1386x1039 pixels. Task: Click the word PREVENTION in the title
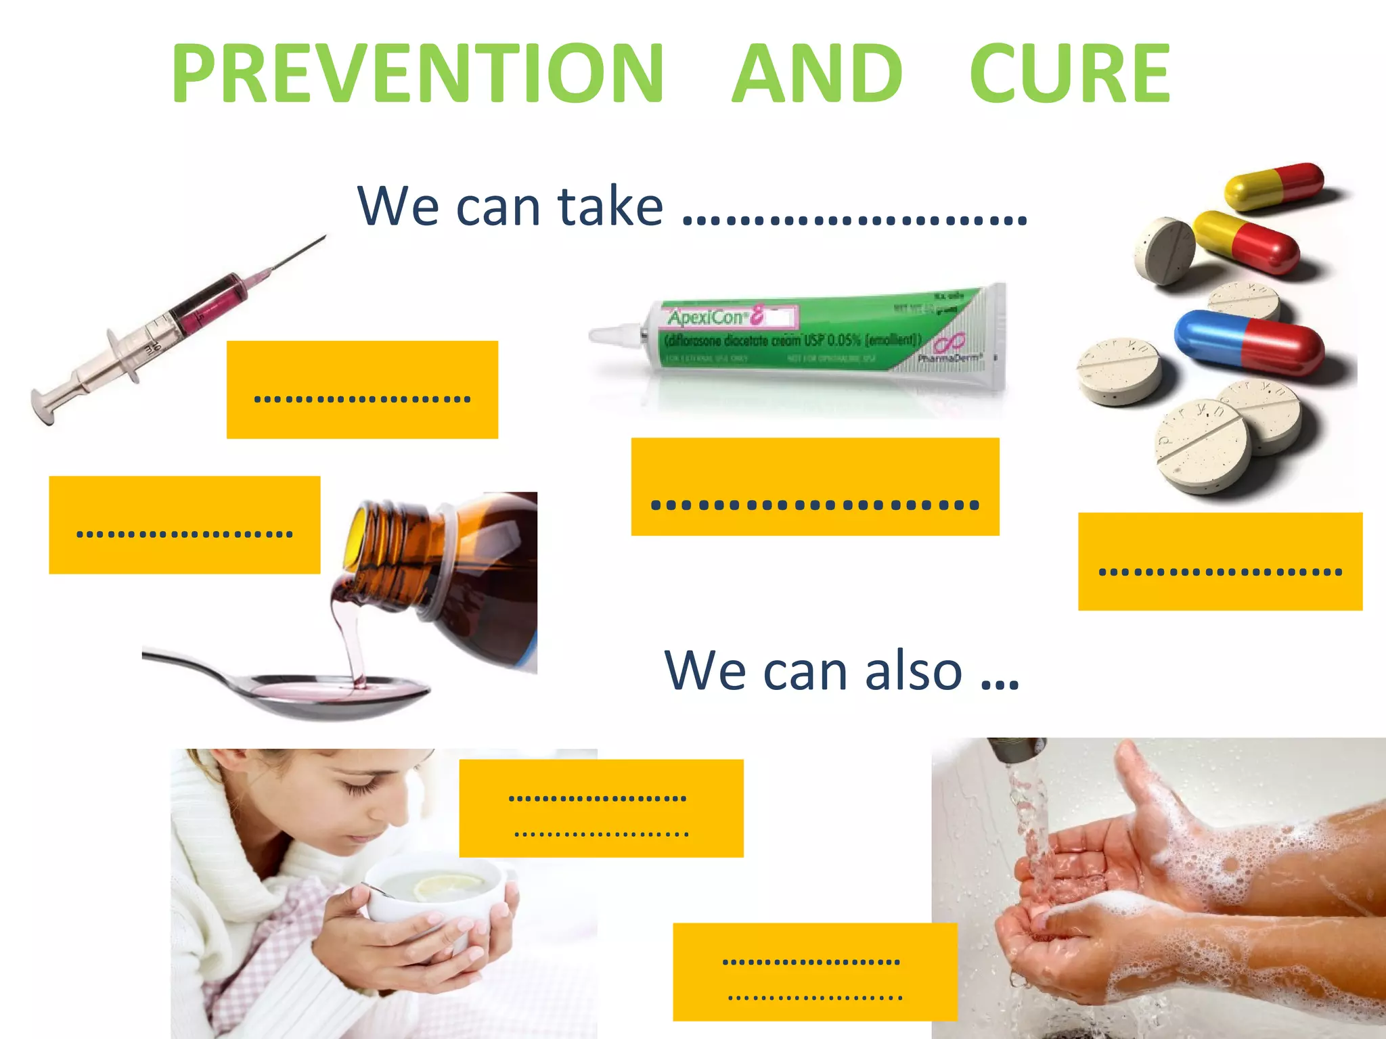click(x=418, y=73)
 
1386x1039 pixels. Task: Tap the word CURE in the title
click(x=1069, y=73)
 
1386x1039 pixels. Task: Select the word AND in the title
click(x=818, y=73)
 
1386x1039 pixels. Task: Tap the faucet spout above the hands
click(x=1017, y=749)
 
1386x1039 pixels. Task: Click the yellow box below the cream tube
click(x=815, y=486)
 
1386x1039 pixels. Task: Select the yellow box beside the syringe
click(x=362, y=390)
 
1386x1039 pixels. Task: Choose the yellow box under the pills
click(x=1220, y=561)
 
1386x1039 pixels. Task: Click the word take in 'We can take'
click(x=610, y=206)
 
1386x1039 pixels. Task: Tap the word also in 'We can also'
click(x=914, y=671)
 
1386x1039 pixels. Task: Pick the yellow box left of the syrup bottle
click(x=184, y=525)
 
